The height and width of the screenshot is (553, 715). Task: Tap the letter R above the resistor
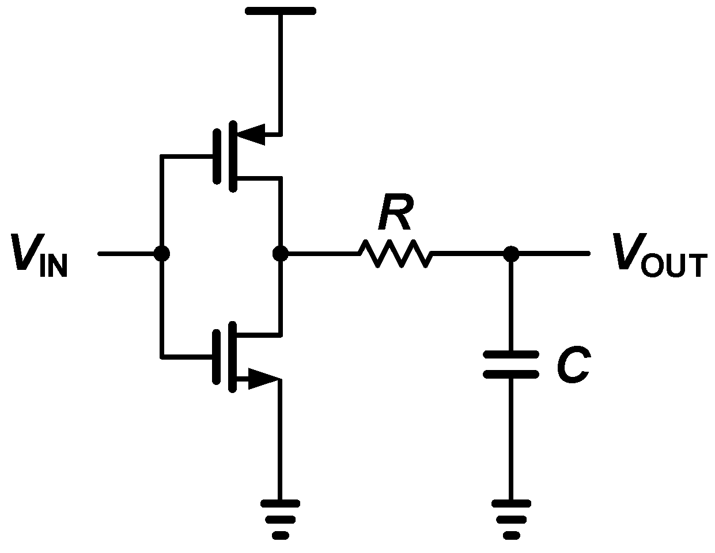click(395, 215)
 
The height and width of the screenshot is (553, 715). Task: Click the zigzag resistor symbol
click(395, 253)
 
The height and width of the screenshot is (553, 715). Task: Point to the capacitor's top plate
click(510, 355)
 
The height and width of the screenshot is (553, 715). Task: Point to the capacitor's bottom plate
click(510, 375)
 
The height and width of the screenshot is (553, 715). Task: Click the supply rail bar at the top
click(281, 10)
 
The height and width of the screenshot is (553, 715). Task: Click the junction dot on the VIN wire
click(162, 253)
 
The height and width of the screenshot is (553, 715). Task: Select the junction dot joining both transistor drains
click(280, 253)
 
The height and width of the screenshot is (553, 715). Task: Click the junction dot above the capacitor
click(510, 253)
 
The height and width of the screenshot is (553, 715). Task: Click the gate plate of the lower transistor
click(217, 357)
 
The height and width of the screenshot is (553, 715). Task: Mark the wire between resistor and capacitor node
click(470, 253)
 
